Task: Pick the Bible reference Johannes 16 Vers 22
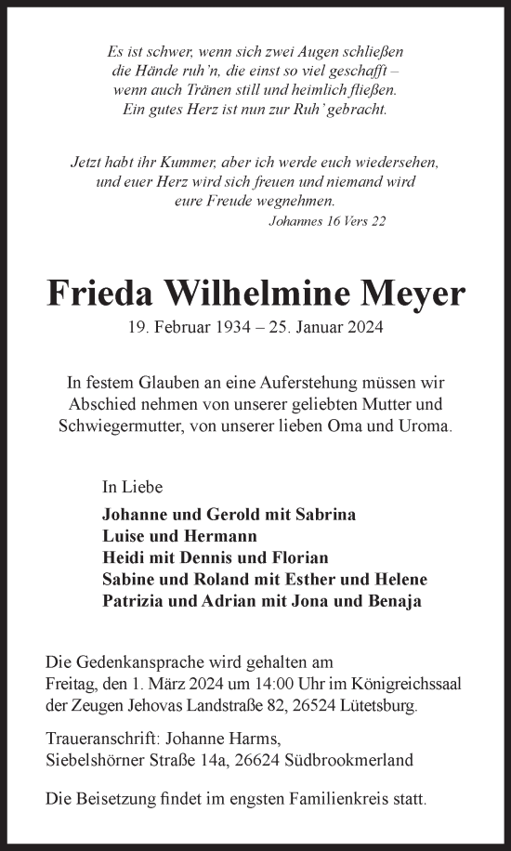point(326,221)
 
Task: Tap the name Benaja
point(390,600)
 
